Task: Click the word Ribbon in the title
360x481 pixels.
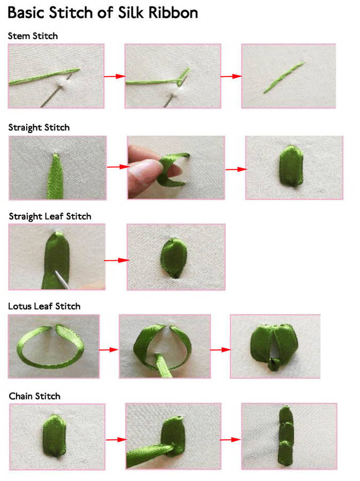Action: coord(173,13)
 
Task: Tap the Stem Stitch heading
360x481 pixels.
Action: coord(33,36)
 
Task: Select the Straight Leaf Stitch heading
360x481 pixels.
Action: coord(50,216)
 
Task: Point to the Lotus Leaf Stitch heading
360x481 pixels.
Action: coord(44,306)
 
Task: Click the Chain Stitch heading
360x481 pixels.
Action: coord(34,396)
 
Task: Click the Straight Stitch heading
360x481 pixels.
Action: coord(39,128)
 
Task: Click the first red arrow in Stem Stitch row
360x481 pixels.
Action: coord(115,76)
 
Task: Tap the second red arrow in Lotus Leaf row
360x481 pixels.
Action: coord(220,350)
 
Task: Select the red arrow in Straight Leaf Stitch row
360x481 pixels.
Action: coord(116,260)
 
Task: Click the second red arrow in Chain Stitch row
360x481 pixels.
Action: coord(231,440)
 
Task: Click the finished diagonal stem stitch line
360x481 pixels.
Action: coord(284,77)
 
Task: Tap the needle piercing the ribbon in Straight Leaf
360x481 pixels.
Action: coord(62,280)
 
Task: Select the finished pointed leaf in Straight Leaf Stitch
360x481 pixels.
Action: coord(174,258)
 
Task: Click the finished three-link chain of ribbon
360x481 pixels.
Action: coord(286,436)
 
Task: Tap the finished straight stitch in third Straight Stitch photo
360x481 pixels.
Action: coord(291,166)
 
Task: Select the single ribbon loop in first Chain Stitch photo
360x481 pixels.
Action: coord(55,436)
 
